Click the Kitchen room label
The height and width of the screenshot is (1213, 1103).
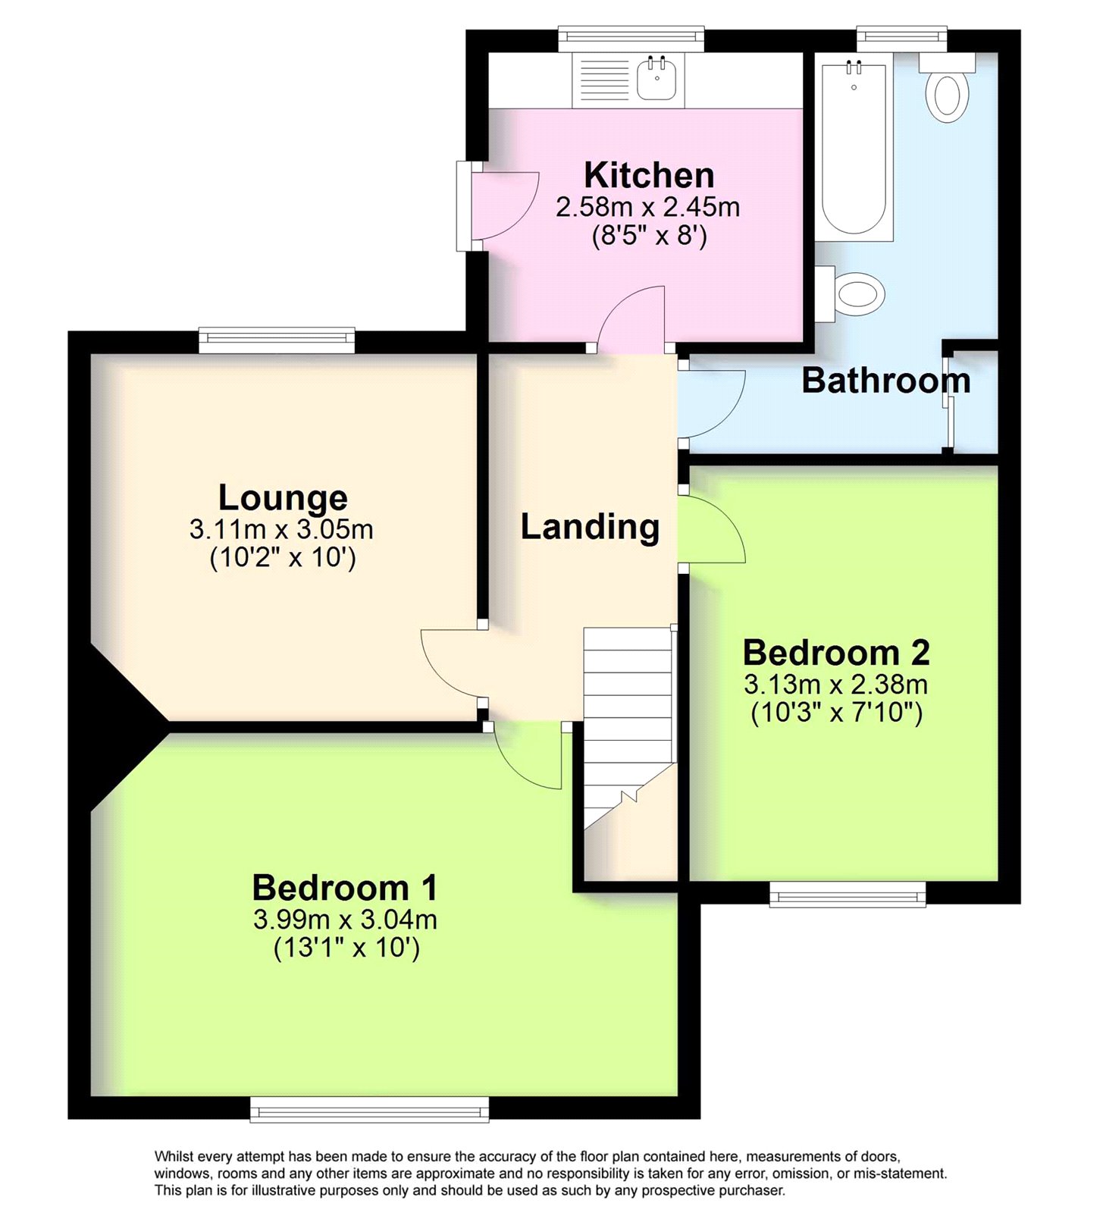pyautogui.click(x=649, y=176)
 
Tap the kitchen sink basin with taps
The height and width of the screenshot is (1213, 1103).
pyautogui.click(x=656, y=79)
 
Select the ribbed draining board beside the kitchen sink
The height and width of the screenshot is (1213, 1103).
pyautogui.click(x=604, y=80)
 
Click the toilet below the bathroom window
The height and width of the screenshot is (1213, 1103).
pyautogui.click(x=947, y=91)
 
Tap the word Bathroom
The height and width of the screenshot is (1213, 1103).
pyautogui.click(x=885, y=381)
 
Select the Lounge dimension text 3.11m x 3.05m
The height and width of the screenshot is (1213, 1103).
pyautogui.click(x=281, y=529)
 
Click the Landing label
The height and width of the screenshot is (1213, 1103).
pyautogui.click(x=590, y=527)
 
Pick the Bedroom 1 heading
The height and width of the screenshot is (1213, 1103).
pyautogui.click(x=345, y=888)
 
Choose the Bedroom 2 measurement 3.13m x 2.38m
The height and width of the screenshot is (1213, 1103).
pyautogui.click(x=835, y=685)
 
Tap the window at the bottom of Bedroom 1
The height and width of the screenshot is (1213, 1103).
pyautogui.click(x=370, y=1111)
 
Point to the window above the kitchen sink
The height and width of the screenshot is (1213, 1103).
pyautogui.click(x=631, y=39)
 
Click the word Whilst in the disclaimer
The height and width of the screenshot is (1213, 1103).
pyautogui.click(x=174, y=1156)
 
